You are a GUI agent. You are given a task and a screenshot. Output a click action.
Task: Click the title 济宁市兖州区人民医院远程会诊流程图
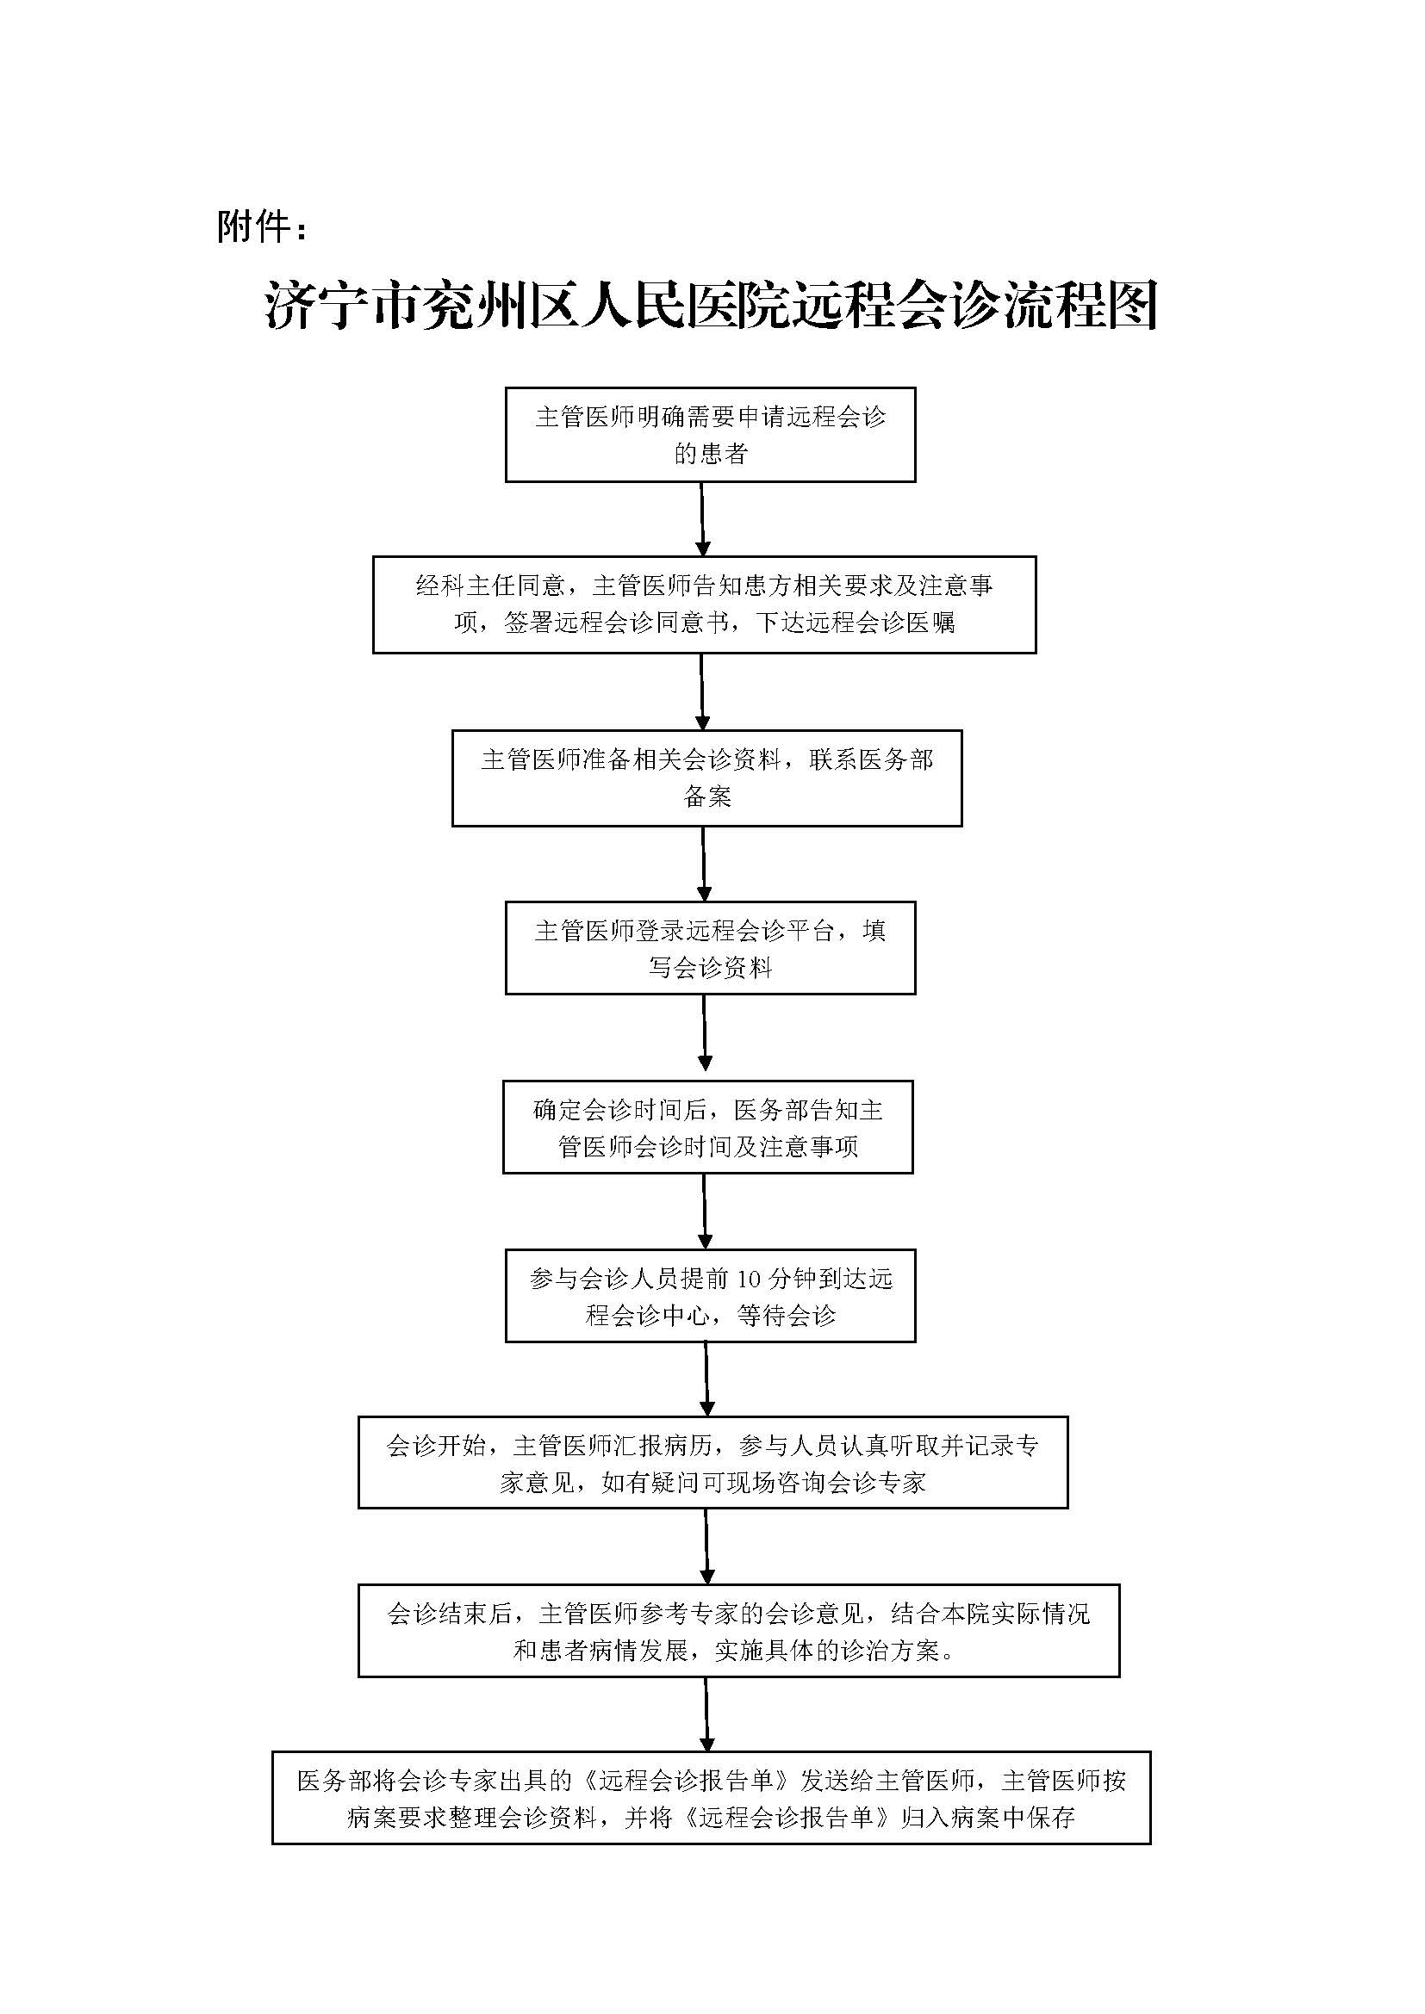[x=712, y=307]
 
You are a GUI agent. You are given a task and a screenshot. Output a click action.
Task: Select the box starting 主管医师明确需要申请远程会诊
[x=710, y=434]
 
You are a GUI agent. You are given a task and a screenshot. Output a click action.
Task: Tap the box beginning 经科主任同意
[x=704, y=604]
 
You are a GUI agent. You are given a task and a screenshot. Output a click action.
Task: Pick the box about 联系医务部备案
[x=706, y=778]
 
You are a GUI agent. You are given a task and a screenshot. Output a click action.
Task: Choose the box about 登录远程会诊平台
[x=710, y=947]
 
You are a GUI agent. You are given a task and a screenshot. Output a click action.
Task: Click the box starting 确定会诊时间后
[x=707, y=1127]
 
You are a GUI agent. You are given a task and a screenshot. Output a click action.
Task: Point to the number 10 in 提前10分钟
[x=749, y=1279]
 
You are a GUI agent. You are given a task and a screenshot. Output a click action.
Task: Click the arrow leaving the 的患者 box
[x=702, y=518]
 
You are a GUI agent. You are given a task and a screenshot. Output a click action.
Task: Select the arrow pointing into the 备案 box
[x=701, y=691]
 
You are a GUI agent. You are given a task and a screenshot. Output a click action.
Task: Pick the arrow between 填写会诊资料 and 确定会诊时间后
[x=705, y=1037]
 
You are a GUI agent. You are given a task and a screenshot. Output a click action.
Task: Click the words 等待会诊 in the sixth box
[x=787, y=1316]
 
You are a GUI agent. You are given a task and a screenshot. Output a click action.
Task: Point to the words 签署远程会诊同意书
[x=604, y=623]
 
